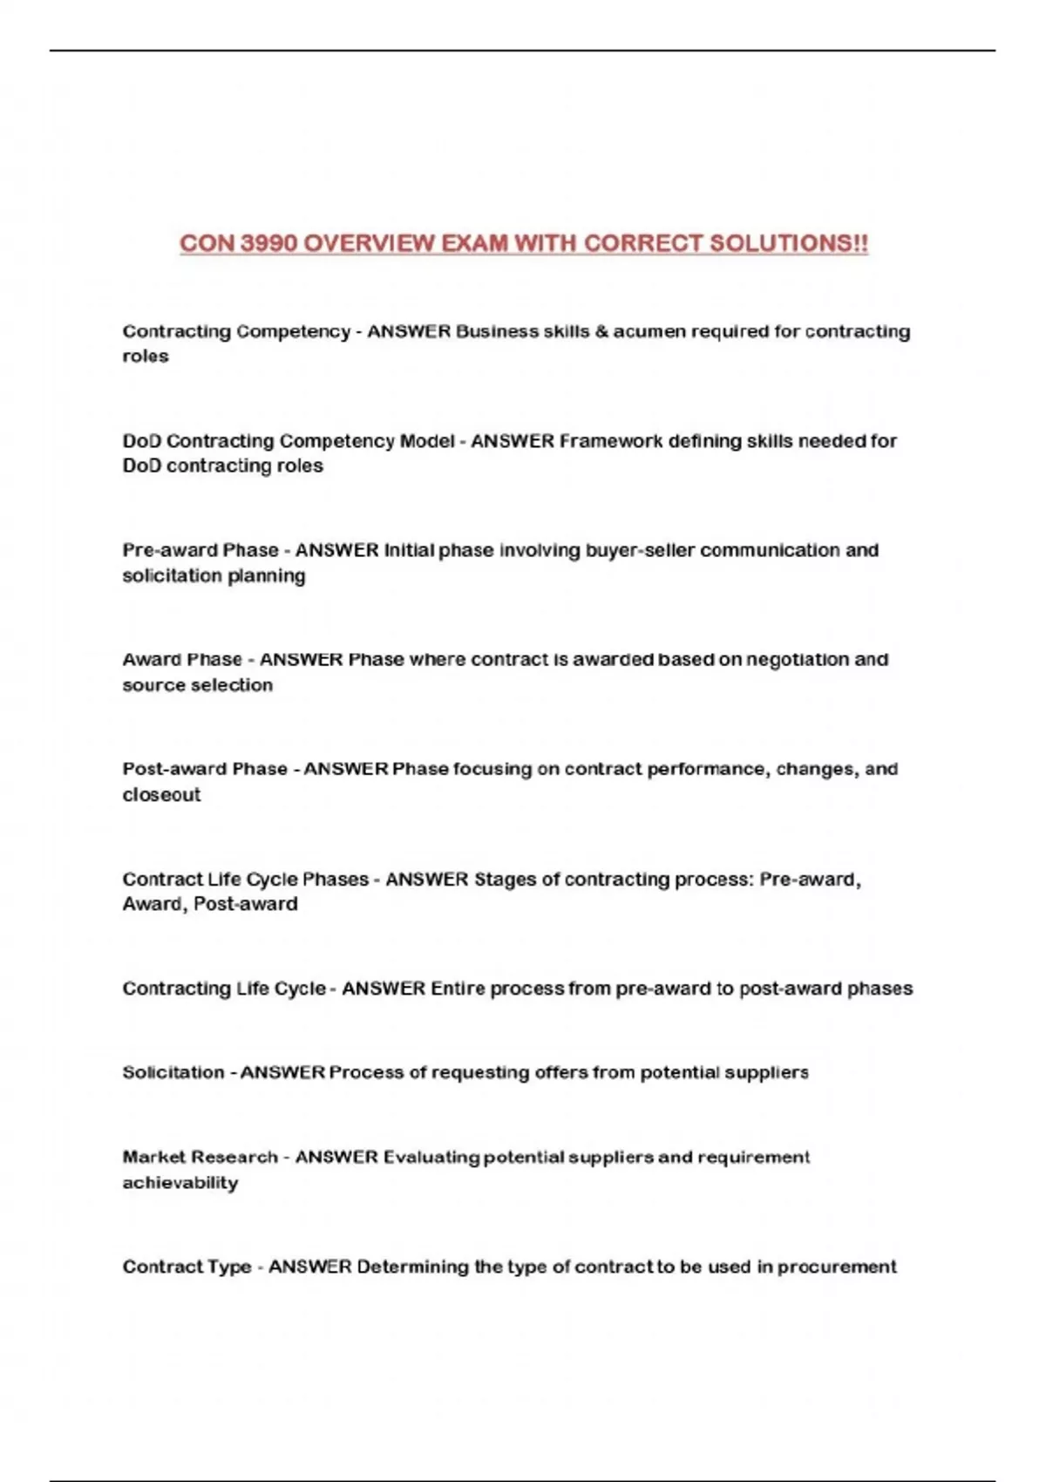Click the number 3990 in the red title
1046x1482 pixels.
point(268,243)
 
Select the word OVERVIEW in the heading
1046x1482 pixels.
point(369,243)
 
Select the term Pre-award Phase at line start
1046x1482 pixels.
point(200,550)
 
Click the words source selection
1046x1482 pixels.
point(197,685)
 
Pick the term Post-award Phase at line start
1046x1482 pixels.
point(205,769)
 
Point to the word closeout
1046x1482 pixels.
point(161,795)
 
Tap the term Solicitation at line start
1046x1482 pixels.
point(173,1072)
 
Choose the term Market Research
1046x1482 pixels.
point(200,1157)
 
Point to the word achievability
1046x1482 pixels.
point(180,1183)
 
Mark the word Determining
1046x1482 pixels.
point(412,1267)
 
